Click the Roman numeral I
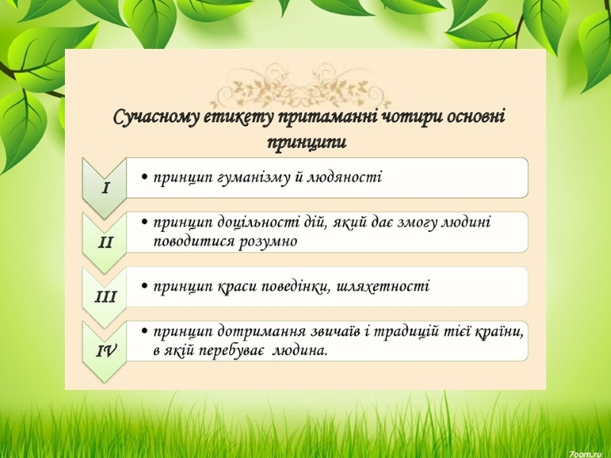tap(105, 189)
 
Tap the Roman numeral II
tap(105, 243)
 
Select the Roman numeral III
tap(105, 297)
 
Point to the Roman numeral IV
tap(106, 351)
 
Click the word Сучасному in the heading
tap(157, 118)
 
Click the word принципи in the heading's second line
tap(307, 142)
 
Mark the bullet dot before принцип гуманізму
tap(145, 178)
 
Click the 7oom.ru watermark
tap(589, 454)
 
